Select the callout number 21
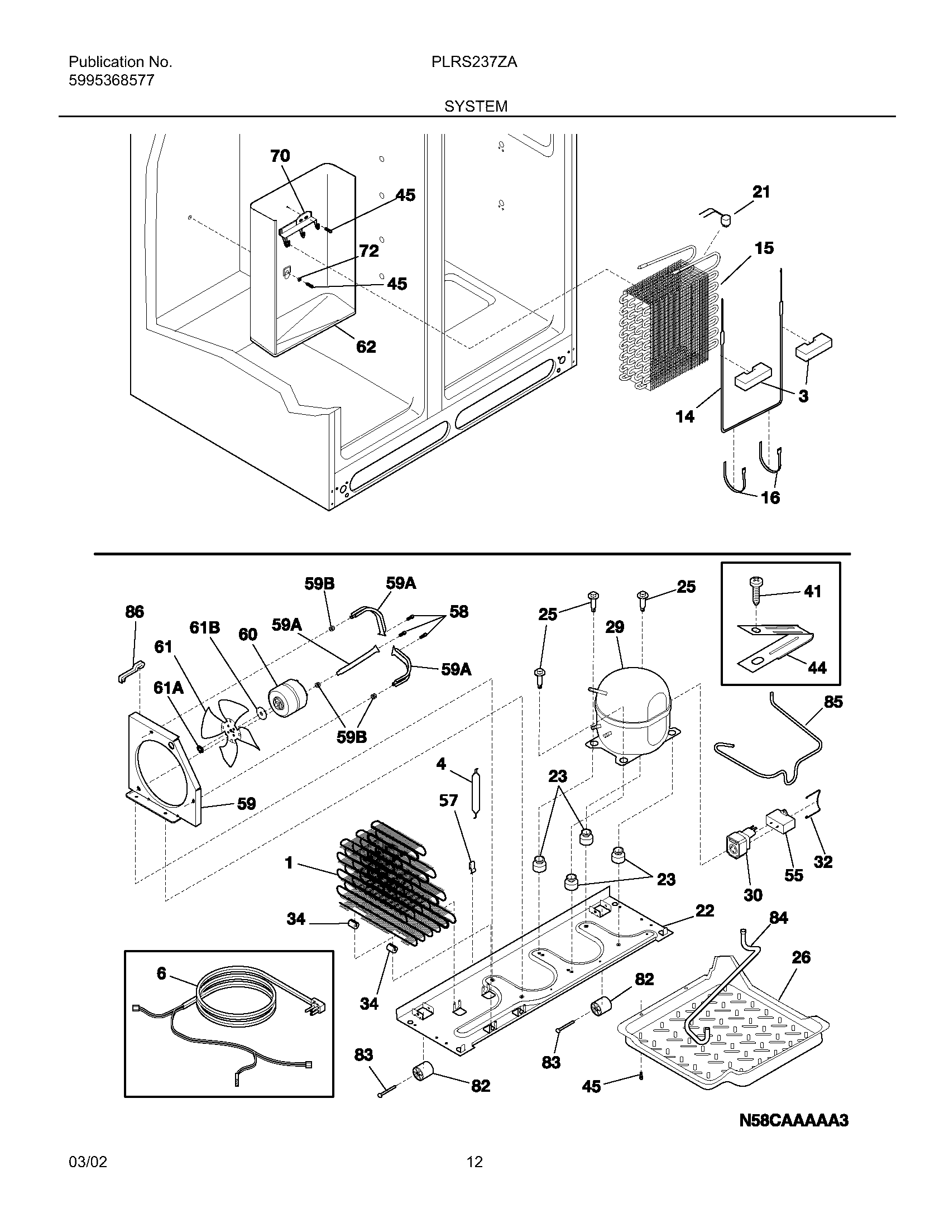(x=761, y=193)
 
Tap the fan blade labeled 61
(x=231, y=731)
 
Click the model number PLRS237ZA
(x=474, y=63)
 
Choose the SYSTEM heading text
(x=476, y=106)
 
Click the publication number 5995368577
(x=111, y=80)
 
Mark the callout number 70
(x=280, y=156)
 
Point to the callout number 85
(x=833, y=702)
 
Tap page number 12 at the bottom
(x=474, y=1162)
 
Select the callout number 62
(x=366, y=347)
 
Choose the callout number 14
(x=685, y=416)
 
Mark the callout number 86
(x=135, y=612)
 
